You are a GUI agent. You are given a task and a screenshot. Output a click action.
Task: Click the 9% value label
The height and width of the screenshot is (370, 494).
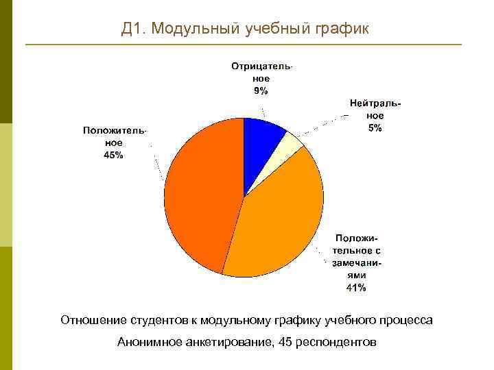point(261,91)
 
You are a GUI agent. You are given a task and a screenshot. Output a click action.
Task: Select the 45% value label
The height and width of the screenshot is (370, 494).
point(114,155)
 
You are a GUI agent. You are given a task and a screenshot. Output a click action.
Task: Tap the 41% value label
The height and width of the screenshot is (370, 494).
point(355,288)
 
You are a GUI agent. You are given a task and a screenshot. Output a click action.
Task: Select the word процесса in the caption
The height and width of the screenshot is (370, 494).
point(407,320)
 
